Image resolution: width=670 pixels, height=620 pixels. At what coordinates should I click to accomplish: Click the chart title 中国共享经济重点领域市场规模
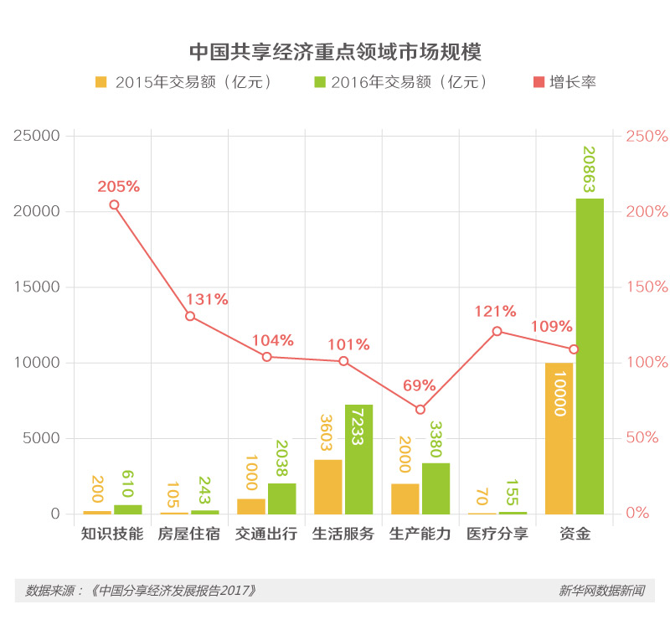pyautogui.click(x=335, y=51)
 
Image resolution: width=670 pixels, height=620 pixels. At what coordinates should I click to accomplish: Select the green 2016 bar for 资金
pyautogui.click(x=590, y=356)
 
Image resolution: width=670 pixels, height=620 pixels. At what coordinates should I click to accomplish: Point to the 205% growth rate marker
pyautogui.click(x=114, y=205)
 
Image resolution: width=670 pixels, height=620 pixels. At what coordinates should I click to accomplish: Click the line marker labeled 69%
pyautogui.click(x=420, y=410)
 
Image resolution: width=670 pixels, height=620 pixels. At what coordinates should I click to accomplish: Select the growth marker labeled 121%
pyautogui.click(x=497, y=331)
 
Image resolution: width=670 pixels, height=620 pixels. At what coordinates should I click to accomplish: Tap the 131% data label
pyautogui.click(x=207, y=299)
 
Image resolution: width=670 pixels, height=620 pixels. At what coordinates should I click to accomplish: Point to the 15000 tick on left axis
pyautogui.click(x=39, y=287)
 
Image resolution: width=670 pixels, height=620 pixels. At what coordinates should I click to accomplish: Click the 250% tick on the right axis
pyautogui.click(x=647, y=136)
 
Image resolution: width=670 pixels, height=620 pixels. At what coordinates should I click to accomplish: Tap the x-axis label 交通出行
pyautogui.click(x=266, y=534)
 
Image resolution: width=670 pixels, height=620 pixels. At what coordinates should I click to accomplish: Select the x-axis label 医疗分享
pyautogui.click(x=497, y=534)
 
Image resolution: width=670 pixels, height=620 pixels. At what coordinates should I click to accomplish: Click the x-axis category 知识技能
pyautogui.click(x=112, y=534)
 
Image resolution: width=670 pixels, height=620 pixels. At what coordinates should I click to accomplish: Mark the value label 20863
pyautogui.click(x=589, y=168)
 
